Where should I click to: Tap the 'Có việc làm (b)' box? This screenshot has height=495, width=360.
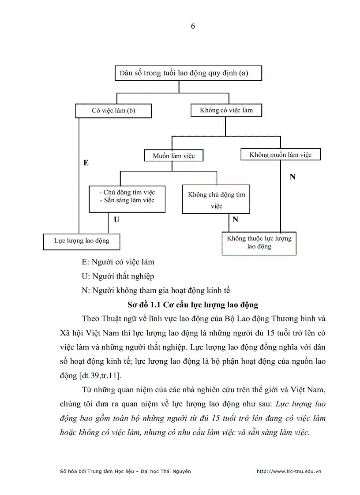click(x=113, y=111)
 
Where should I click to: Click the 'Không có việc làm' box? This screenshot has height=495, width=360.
click(x=226, y=110)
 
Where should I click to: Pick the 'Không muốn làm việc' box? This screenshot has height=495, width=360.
click(x=280, y=155)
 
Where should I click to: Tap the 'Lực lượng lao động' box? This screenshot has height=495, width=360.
click(x=82, y=241)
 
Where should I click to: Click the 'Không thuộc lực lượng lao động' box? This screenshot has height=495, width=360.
click(x=259, y=242)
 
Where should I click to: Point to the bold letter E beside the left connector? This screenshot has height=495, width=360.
click(x=86, y=163)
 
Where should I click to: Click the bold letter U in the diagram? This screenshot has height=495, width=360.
click(x=116, y=219)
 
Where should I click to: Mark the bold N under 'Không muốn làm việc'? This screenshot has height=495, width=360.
click(x=292, y=177)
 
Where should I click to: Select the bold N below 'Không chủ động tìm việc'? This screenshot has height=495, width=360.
click(x=235, y=219)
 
